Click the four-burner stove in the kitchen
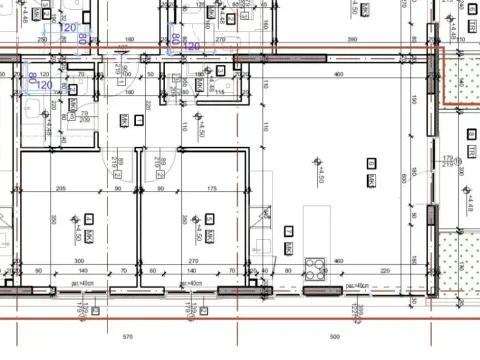[317, 267]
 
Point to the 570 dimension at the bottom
[128, 337]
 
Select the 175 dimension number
[211, 188]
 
